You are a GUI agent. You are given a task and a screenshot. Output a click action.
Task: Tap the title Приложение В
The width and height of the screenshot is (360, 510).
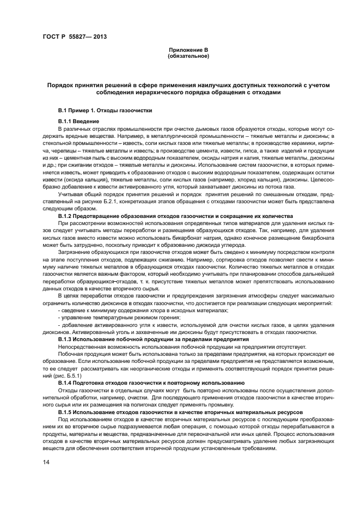point(188,50)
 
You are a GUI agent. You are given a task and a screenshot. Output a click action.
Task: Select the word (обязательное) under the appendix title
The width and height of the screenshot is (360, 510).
point(188,56)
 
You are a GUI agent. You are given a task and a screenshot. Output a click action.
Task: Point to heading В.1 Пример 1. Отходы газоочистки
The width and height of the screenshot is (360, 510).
point(105,110)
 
